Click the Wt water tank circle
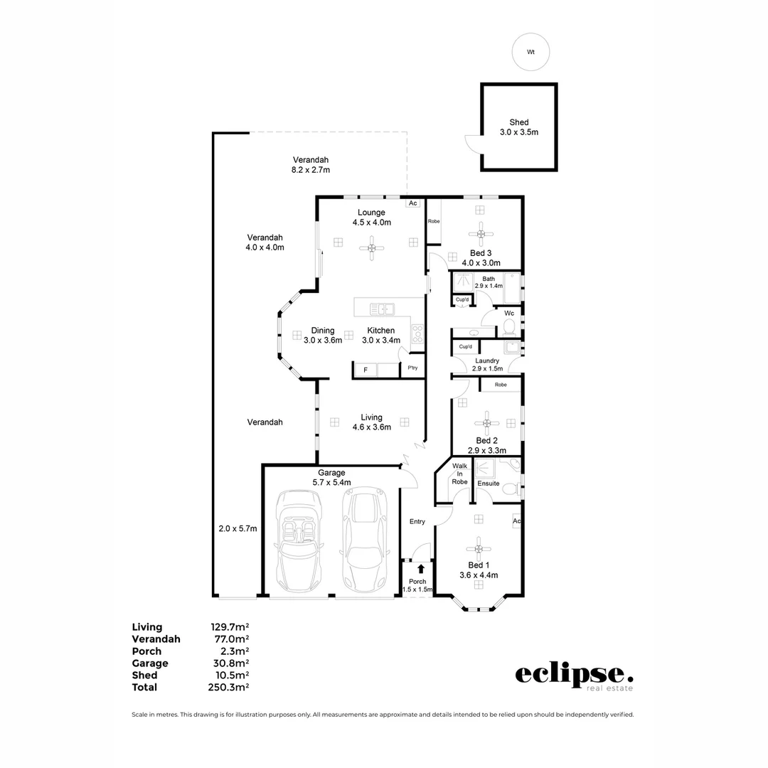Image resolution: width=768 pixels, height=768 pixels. [530, 53]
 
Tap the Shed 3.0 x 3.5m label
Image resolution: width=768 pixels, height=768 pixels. [518, 127]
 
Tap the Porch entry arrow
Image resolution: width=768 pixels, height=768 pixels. [421, 568]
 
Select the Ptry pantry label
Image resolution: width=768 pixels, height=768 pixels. [412, 368]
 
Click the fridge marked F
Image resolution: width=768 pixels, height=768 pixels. [366, 370]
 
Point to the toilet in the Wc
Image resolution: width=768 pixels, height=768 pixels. [508, 326]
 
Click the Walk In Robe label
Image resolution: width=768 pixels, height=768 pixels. [459, 474]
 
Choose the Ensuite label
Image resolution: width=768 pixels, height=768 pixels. [489, 484]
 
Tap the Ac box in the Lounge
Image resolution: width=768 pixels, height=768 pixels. [412, 203]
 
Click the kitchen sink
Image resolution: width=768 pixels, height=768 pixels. [383, 309]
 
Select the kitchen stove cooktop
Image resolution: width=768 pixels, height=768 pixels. [417, 334]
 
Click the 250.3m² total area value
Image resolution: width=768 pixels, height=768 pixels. [229, 688]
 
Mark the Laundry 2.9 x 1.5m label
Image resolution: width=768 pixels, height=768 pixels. [487, 365]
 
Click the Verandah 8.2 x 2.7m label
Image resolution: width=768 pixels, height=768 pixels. [311, 165]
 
